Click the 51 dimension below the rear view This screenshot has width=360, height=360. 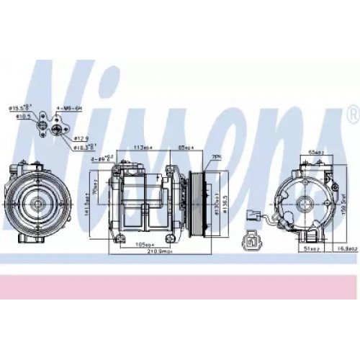coord(312,248)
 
